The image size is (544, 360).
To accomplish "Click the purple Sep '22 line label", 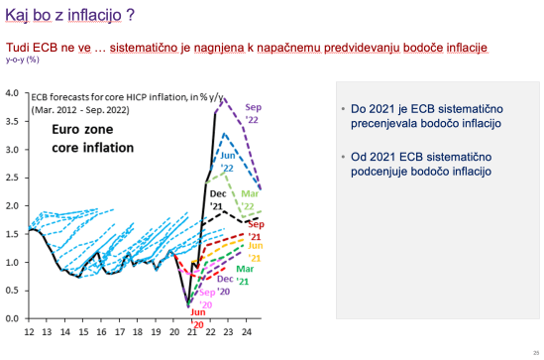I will point(254,113).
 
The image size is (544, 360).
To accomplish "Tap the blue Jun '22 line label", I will point(226,162).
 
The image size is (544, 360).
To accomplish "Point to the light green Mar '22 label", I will point(253,201).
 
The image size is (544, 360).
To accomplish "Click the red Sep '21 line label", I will point(254,229).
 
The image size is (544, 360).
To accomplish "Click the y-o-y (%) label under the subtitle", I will point(23,60).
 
